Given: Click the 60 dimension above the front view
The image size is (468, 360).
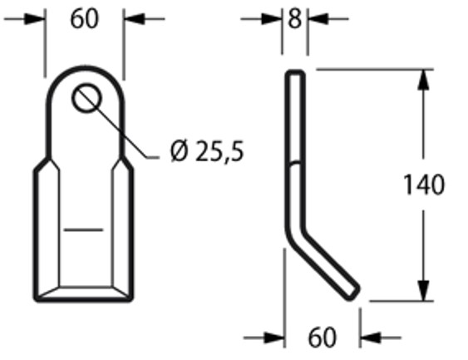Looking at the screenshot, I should click(84, 18).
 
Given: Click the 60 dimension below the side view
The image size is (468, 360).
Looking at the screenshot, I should click(322, 338).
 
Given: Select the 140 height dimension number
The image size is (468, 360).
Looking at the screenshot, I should click(423, 184).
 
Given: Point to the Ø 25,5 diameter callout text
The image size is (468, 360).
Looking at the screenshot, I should click(206, 151).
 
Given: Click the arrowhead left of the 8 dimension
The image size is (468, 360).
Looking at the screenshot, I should click(276, 17).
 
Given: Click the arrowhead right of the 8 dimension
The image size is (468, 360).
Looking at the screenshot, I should click(317, 17).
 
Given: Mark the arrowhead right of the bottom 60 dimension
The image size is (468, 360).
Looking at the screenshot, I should click(370, 338).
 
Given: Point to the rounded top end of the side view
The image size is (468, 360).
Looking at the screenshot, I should click(296, 75).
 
